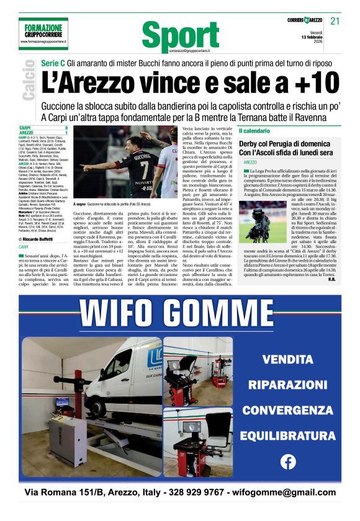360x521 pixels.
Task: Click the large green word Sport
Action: click(x=176, y=35)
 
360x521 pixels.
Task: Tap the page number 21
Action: click(x=335, y=21)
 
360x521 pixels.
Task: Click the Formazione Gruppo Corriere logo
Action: click(x=44, y=32)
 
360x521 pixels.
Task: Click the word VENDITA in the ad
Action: click(x=287, y=358)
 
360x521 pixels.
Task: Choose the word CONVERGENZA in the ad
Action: click(x=287, y=410)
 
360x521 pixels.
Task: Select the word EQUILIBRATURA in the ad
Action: click(x=287, y=435)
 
